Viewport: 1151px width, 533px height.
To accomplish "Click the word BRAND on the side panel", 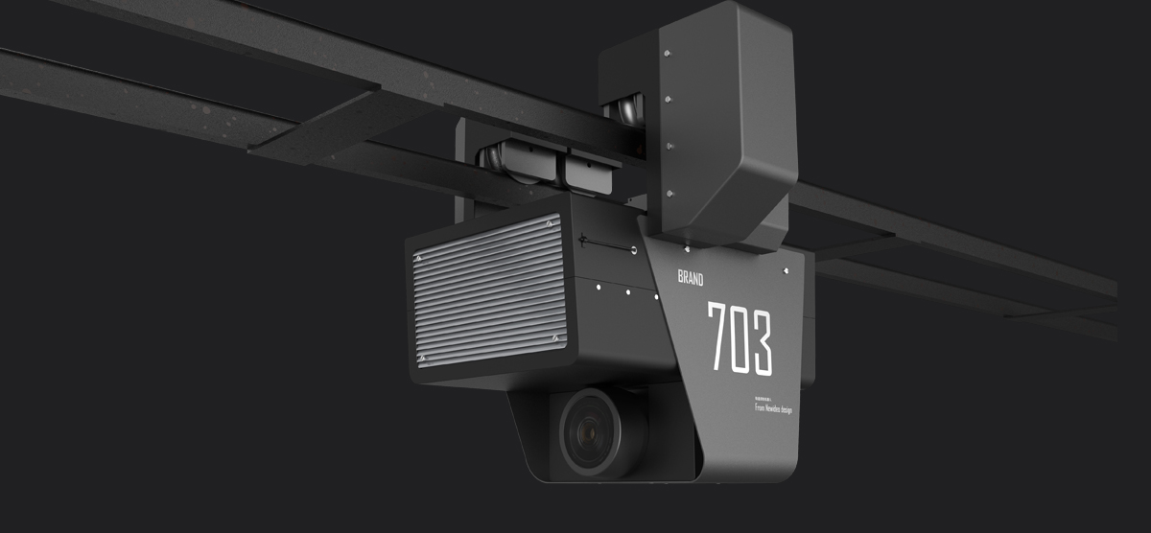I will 691,279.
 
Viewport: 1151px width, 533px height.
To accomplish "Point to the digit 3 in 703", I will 762,341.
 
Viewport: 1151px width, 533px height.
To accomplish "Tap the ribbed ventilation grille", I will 488,290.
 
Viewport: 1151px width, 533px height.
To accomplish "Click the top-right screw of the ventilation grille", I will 550,224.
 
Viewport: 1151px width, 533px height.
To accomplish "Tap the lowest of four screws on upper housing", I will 669,195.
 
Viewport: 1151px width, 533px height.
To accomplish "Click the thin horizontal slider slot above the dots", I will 605,246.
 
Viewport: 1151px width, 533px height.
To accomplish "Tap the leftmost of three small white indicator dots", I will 597,285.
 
